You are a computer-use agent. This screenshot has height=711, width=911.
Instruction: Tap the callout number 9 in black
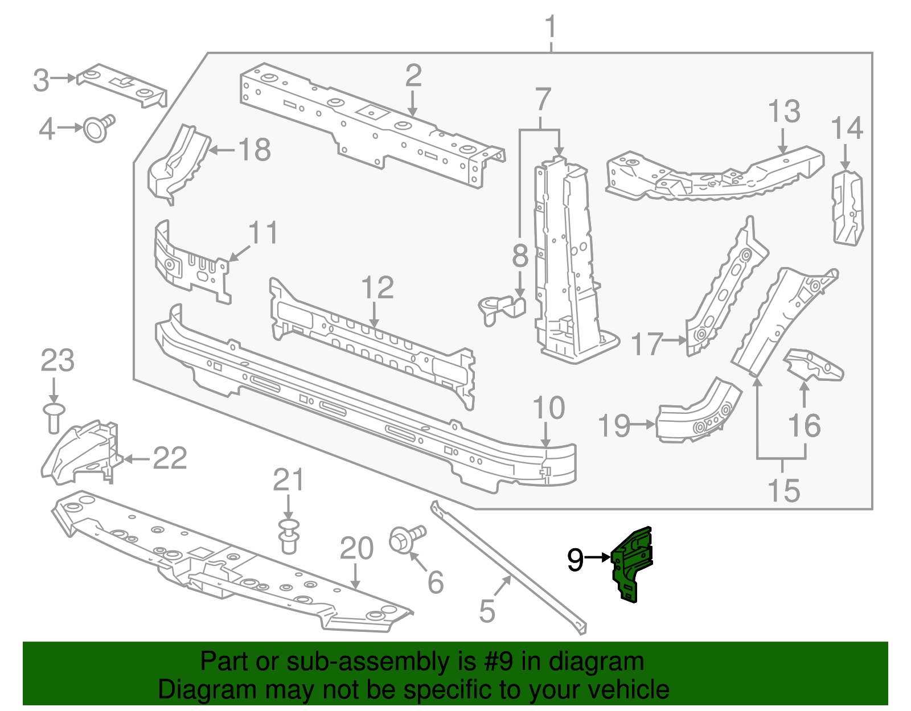pos(575,560)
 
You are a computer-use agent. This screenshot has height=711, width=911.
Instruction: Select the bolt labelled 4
pos(98,128)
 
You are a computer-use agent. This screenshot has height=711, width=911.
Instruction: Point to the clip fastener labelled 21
pos(289,535)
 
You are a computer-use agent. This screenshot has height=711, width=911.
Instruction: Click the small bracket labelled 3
pos(122,85)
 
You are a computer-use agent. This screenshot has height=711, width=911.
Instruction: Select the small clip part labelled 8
pos(501,308)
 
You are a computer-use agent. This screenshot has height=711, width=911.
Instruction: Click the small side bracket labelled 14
pos(847,207)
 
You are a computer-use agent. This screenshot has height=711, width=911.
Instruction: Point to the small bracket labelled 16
pos(814,365)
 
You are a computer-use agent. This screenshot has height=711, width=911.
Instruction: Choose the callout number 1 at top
pos(550,27)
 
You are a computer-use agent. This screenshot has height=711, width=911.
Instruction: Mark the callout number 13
pos(784,112)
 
